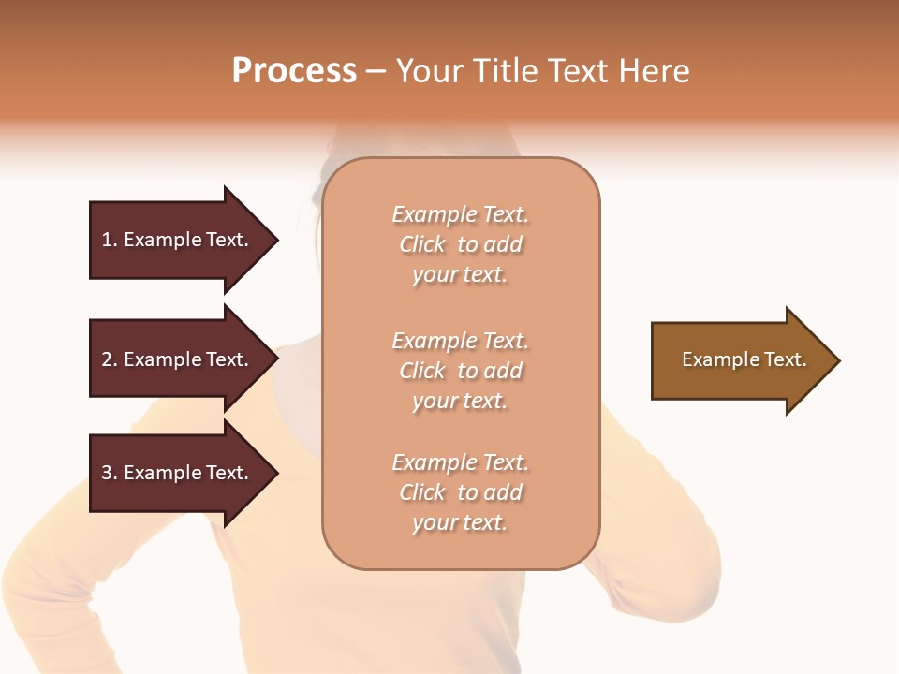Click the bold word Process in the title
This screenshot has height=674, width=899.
tap(294, 71)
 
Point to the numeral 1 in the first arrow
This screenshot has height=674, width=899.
tap(107, 240)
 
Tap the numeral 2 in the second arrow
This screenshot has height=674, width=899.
tap(107, 359)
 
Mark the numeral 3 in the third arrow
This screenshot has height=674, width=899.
tap(107, 473)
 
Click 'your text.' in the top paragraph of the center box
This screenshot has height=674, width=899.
tap(460, 275)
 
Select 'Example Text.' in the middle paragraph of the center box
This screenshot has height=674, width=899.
tap(460, 341)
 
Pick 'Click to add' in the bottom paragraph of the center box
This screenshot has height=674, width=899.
tap(460, 492)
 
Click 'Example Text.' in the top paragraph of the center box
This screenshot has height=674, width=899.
tap(460, 214)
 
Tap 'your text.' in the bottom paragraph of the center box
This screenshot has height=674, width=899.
tap(460, 523)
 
